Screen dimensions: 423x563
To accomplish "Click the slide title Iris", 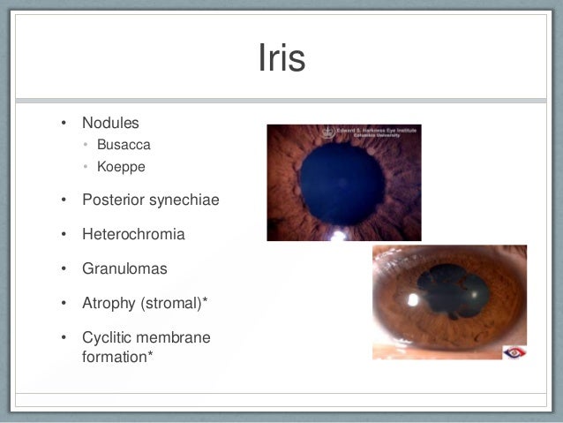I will [281, 59].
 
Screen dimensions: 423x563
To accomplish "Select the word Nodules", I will [110, 122].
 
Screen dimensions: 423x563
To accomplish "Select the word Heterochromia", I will [133, 234].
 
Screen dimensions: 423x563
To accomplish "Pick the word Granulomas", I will [124, 268].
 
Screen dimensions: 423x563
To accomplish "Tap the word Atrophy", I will [107, 303].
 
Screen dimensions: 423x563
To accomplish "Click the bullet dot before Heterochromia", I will [63, 235].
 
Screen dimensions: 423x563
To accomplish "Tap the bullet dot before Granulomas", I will [63, 269].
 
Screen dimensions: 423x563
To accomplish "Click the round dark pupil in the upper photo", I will [340, 184].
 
